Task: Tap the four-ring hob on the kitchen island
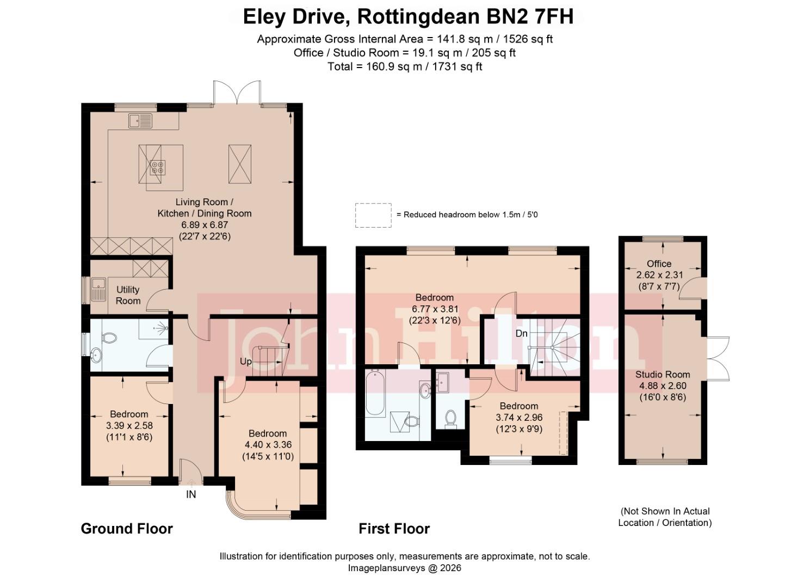[158, 167]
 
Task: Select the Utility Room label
[128, 295]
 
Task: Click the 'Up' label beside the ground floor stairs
[246, 362]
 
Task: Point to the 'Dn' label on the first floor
[521, 333]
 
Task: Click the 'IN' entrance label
[191, 494]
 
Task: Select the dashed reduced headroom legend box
[373, 215]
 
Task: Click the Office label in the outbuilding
[659, 264]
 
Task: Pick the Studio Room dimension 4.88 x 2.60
[663, 385]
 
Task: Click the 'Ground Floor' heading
[127, 529]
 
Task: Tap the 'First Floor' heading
[394, 529]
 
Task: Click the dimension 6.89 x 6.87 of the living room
[205, 225]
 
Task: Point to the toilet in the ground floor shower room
[108, 338]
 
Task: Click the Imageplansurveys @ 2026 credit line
[405, 568]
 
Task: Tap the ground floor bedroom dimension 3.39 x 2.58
[129, 425]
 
